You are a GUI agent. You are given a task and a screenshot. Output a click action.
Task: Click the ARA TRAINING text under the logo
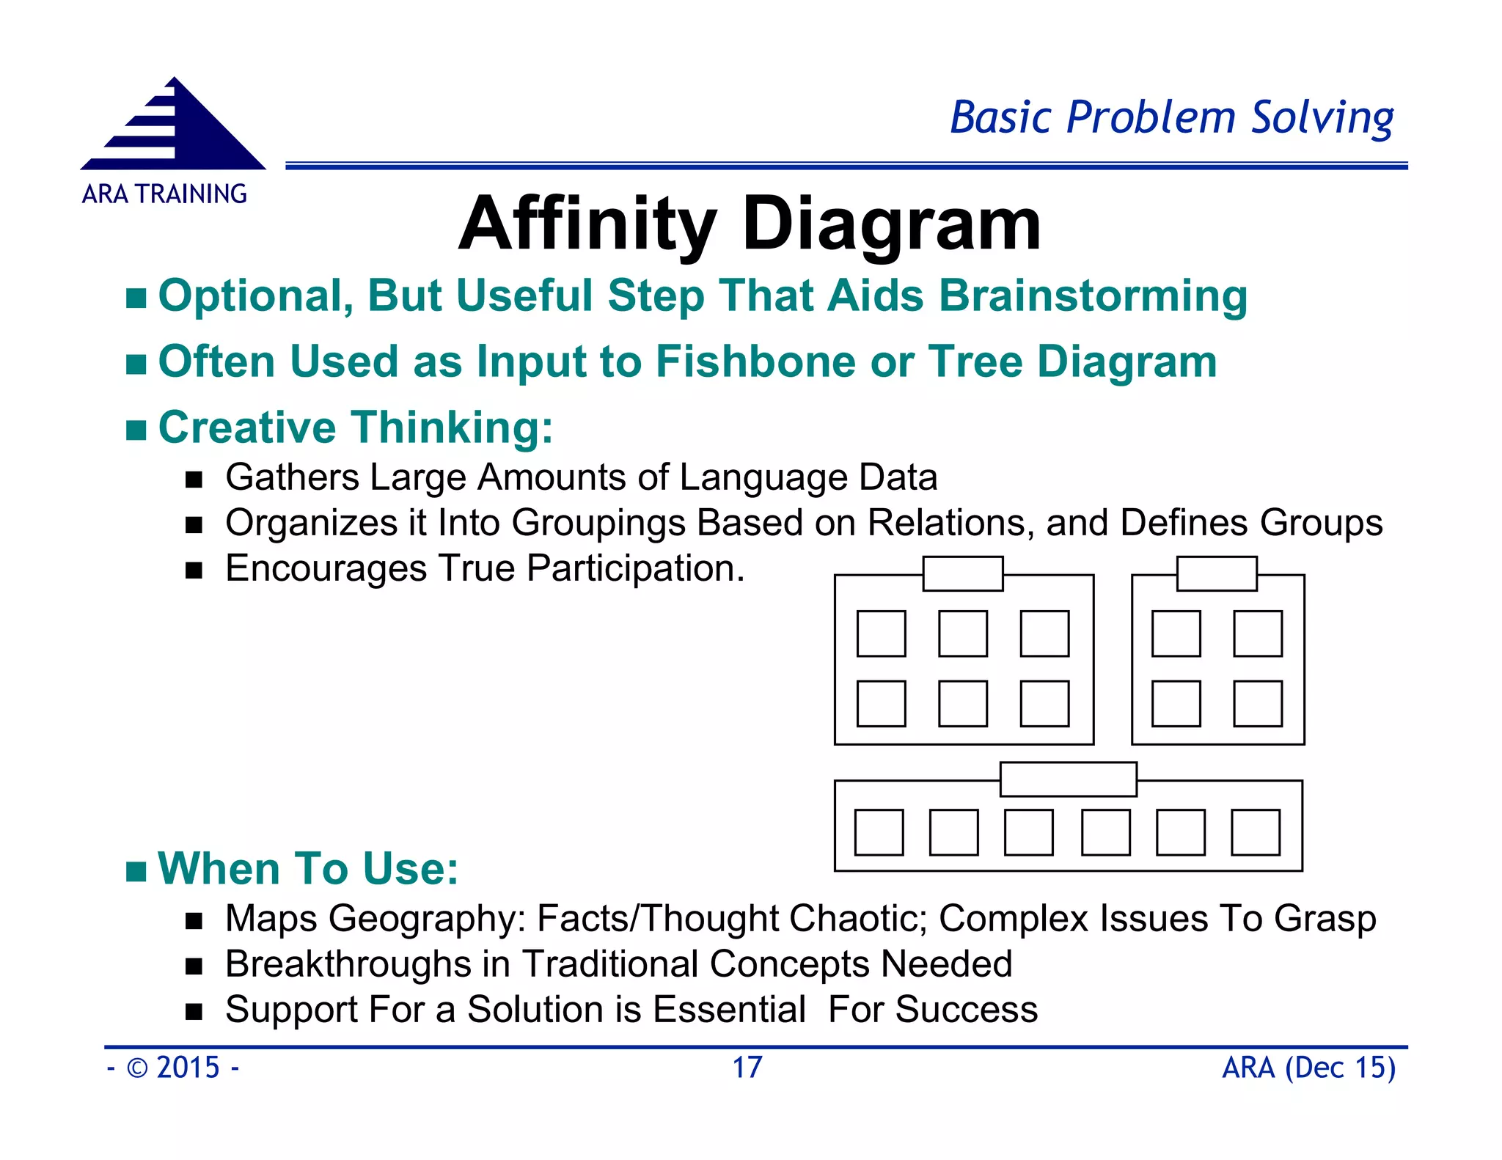pos(164,194)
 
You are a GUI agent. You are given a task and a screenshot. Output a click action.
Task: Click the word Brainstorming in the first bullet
pos(1093,296)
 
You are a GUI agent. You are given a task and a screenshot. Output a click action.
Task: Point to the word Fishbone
pos(755,362)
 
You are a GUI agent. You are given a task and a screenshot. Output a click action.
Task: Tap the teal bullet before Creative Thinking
pos(136,430)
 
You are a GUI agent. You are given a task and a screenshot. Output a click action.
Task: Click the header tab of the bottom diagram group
pos(1068,779)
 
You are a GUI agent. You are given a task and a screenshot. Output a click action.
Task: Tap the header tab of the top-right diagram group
pos(1216,573)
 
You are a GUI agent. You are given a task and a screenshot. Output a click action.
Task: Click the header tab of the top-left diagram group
pos(962,573)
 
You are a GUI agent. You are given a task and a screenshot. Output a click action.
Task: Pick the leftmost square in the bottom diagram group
pos(879,832)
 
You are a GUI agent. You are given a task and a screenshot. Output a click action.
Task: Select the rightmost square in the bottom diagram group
pos(1255,832)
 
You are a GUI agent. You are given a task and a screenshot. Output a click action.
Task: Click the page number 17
pos(747,1068)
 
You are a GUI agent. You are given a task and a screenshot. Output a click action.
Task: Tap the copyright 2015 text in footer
pos(173,1068)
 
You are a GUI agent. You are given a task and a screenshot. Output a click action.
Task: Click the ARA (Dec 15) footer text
pos(1308,1068)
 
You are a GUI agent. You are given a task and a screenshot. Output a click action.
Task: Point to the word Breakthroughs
pos(348,964)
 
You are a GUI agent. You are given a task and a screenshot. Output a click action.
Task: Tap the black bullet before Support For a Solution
pos(194,1013)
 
